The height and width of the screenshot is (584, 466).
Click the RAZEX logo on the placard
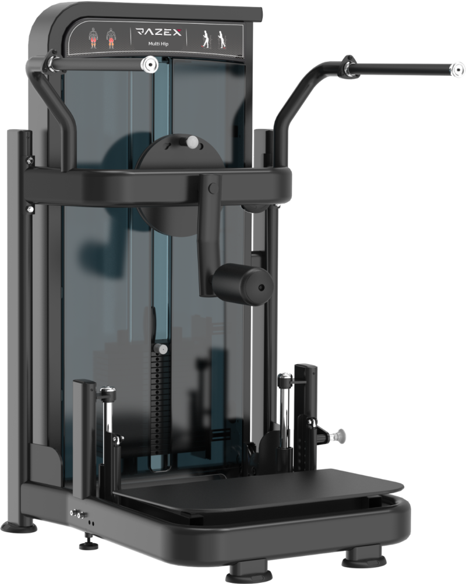coord(158,32)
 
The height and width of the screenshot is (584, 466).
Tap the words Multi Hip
coord(158,44)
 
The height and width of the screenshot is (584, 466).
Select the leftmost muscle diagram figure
coord(93,38)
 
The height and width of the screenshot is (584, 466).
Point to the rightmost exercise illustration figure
coord(221,39)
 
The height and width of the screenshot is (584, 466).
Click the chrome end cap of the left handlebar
coord(149,65)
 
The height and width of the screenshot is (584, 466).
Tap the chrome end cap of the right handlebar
coord(457,69)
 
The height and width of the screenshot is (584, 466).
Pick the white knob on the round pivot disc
coord(192,141)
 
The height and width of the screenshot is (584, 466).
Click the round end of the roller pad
coord(262,287)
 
